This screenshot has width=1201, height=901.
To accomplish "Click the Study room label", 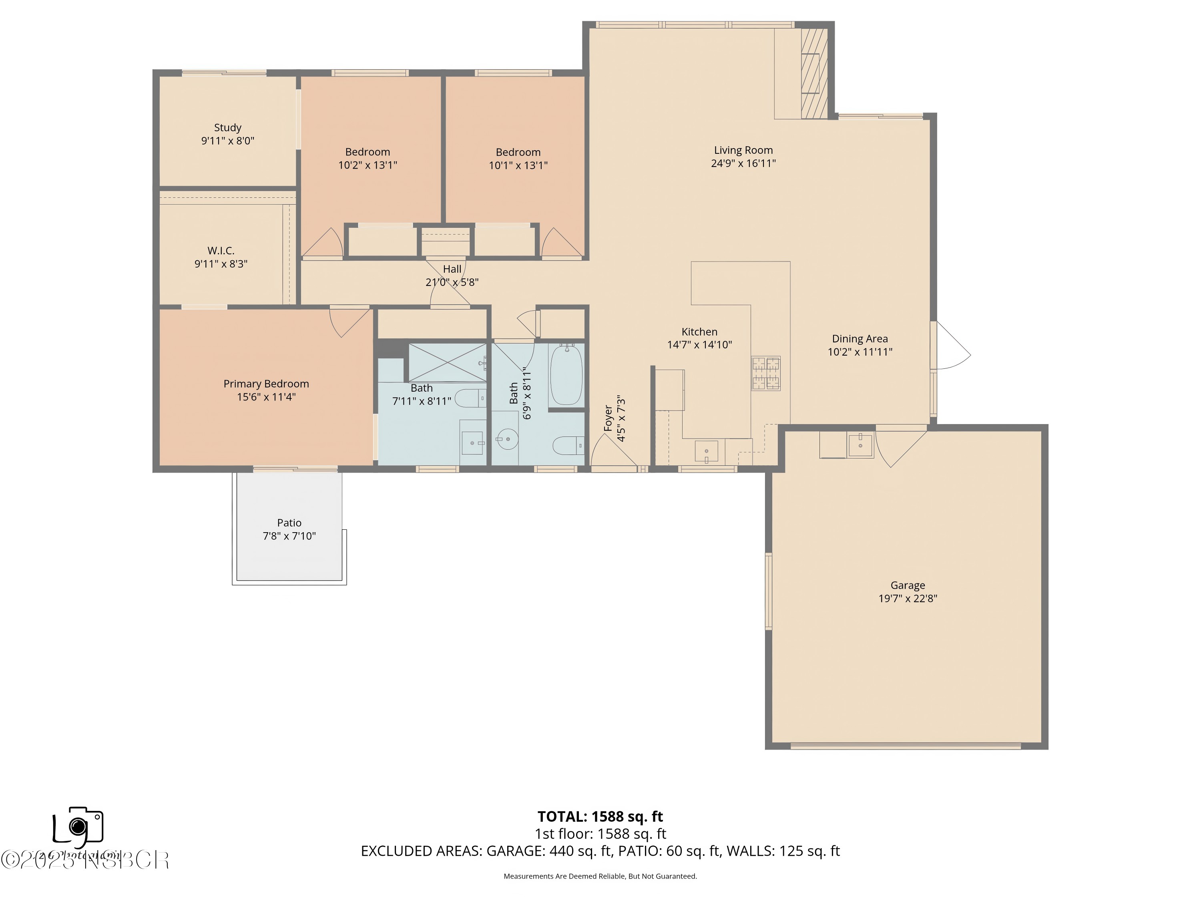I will pyautogui.click(x=227, y=128).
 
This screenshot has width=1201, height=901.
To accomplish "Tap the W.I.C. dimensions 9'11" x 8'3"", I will pyautogui.click(x=221, y=264).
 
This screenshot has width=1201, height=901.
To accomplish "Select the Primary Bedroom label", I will pyautogui.click(x=266, y=384).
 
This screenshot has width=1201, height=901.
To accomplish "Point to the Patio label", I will pyautogui.click(x=289, y=523).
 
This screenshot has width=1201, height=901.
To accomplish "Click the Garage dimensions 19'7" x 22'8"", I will pyautogui.click(x=908, y=599).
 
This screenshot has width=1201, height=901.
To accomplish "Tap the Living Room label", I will pyautogui.click(x=743, y=151).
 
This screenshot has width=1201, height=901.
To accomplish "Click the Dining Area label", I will pyautogui.click(x=860, y=339).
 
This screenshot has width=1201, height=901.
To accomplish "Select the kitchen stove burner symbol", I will pyautogui.click(x=765, y=373).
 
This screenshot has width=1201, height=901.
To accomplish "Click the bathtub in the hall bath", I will pyautogui.click(x=566, y=375).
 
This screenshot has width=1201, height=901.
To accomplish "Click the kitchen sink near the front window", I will pyautogui.click(x=706, y=451).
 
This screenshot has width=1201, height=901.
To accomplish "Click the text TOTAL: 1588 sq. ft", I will pyautogui.click(x=600, y=817).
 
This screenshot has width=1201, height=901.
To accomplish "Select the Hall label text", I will pyautogui.click(x=452, y=269).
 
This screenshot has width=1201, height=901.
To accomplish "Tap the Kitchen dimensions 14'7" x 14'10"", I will pyautogui.click(x=699, y=345).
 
